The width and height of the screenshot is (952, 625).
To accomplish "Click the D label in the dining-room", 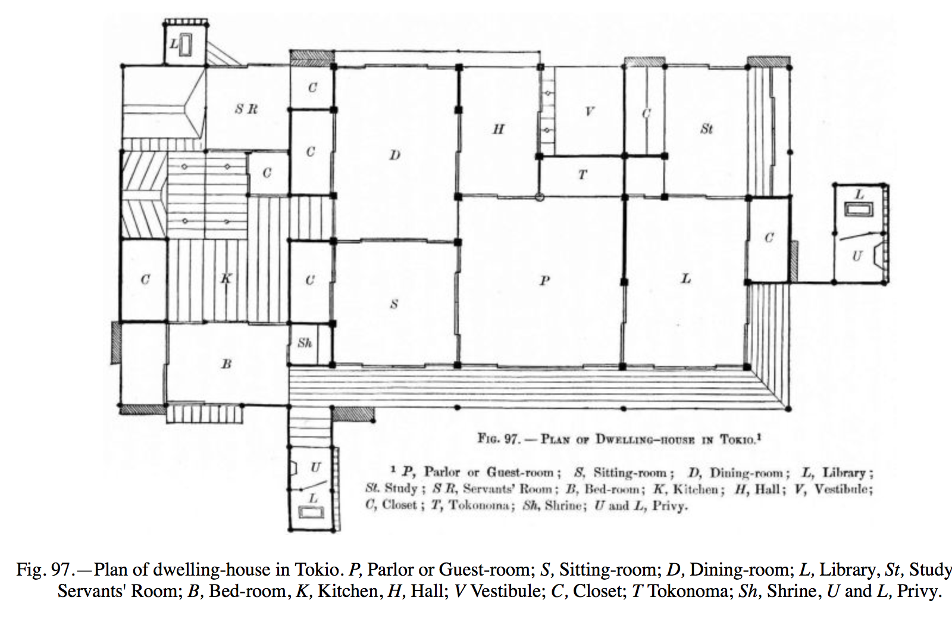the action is tap(394, 155).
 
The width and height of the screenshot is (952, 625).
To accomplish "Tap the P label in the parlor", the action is tap(544, 280).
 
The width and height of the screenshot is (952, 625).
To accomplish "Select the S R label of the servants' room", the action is tap(246, 109).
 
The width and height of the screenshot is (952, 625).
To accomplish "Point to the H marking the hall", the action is tap(499, 129).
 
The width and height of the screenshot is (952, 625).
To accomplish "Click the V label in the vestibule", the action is tap(589, 111).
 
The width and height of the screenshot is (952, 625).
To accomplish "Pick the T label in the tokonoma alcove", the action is tap(583, 174).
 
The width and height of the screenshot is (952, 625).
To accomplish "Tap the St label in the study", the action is tap(706, 129).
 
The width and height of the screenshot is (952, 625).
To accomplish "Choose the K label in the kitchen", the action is tap(226, 278).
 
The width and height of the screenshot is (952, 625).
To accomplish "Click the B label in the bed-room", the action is tap(226, 364).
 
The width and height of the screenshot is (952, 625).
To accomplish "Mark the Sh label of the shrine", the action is tap(305, 343).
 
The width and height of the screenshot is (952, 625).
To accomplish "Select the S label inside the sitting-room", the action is tap(393, 304).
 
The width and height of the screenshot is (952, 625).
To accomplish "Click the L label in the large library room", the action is tap(686, 278).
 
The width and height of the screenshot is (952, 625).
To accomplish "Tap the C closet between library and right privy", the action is tap(769, 238).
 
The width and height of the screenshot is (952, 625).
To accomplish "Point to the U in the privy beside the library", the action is tap(857, 257).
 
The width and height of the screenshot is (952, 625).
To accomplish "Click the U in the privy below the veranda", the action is tap(315, 467).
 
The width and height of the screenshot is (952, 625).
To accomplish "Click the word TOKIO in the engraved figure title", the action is tap(738, 440).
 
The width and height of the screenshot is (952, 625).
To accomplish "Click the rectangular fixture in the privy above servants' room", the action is tap(186, 46).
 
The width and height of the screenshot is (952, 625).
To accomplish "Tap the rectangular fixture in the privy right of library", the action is tap(859, 210).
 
